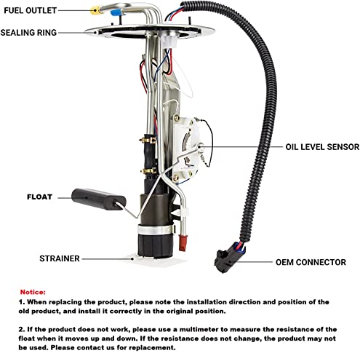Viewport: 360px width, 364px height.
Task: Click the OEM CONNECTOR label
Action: point(311,262)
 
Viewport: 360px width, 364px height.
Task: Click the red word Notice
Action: point(33,290)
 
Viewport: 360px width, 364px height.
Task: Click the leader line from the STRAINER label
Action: point(102,258)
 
